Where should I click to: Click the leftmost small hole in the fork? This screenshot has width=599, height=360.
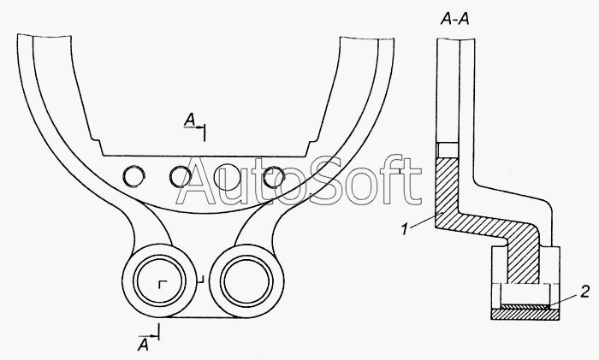point(134,176)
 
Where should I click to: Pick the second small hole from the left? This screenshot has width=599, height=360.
point(181,176)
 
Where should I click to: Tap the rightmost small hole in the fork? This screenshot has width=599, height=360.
point(274,176)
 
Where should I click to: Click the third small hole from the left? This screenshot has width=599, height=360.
point(228,176)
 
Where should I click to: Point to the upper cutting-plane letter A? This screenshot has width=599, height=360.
point(190,122)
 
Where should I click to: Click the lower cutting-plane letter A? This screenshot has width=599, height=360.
point(144,345)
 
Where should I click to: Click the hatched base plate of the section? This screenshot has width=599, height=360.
point(525,314)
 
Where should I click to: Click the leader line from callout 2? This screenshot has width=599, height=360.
point(564,297)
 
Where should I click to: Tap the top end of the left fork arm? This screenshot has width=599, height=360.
point(25,38)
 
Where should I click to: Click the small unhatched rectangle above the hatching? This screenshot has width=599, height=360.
point(448,150)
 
